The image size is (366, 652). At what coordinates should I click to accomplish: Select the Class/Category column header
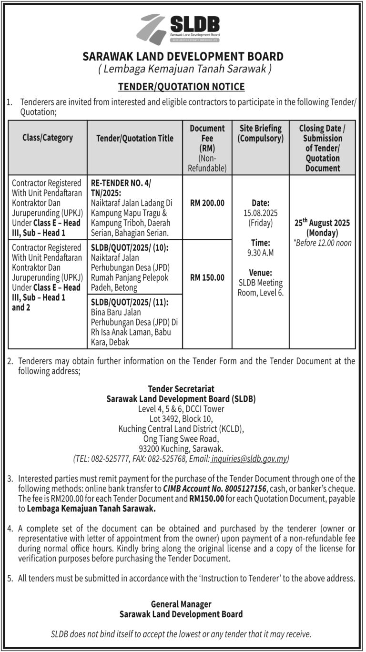(x=48, y=138)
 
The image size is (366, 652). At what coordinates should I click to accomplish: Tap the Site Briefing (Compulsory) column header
(x=260, y=133)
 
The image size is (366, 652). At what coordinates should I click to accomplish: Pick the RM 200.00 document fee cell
(x=207, y=203)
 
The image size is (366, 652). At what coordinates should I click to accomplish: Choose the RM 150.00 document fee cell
(x=207, y=277)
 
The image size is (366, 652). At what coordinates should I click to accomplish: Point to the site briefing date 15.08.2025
(x=260, y=213)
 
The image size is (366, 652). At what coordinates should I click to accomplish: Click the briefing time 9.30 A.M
(x=260, y=253)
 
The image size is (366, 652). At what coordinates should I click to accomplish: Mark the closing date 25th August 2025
(x=322, y=223)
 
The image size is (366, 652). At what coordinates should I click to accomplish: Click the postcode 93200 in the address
(x=150, y=449)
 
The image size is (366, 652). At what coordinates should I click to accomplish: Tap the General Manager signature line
(x=181, y=604)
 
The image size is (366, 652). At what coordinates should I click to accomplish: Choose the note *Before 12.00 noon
(x=322, y=243)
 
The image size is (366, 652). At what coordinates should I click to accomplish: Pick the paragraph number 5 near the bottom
(x=10, y=579)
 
